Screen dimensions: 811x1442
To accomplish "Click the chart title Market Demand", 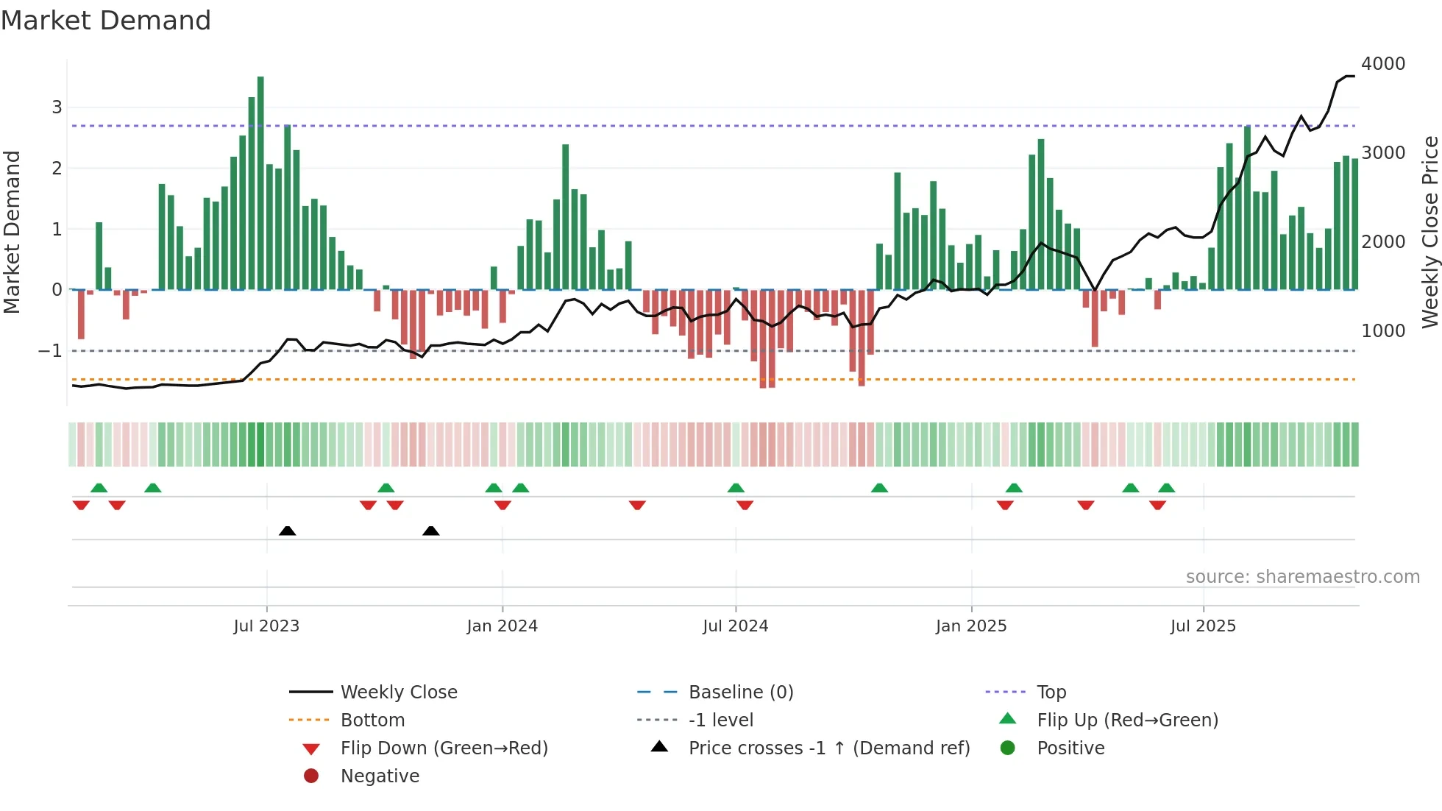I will (106, 21).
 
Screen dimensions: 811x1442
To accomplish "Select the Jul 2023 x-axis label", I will (266, 626).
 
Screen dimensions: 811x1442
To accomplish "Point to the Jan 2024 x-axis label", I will (502, 626).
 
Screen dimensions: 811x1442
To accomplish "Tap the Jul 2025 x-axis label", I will (1203, 626).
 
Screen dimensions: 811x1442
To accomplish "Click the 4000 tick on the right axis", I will (1383, 64).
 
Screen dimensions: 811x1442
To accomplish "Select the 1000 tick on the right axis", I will (1383, 331).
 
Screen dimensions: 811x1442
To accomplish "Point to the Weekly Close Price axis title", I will (1429, 232).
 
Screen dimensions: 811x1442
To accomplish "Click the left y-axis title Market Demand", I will (12, 232).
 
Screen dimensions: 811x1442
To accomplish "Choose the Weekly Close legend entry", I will (398, 693).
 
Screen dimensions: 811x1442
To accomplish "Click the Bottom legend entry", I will (372, 720).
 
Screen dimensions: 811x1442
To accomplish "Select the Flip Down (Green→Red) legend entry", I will (444, 748).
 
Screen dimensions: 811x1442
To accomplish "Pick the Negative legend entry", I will (380, 776).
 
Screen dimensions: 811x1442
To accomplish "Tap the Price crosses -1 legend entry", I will (828, 748).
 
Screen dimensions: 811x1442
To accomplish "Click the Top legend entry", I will (1051, 693).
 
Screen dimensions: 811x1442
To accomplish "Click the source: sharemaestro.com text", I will (1302, 577).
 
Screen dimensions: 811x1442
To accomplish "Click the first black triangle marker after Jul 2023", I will (288, 531).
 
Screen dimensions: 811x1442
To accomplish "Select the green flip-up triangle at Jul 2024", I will (736, 488).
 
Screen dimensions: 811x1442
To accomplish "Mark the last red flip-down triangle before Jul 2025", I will (1157, 505).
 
